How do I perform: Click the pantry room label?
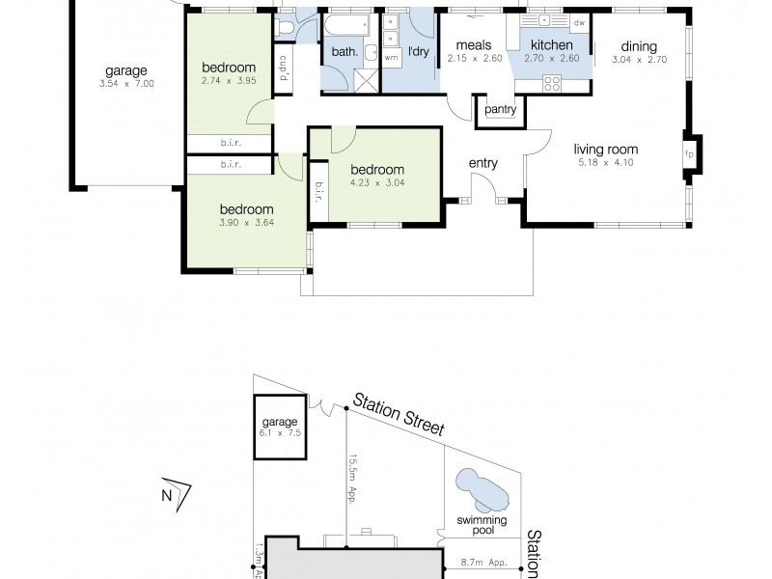[501, 110]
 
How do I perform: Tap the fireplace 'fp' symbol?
[689, 153]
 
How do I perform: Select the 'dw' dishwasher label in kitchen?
[579, 22]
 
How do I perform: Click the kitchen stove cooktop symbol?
[553, 83]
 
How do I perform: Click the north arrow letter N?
[166, 497]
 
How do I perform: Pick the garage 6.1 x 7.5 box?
[280, 427]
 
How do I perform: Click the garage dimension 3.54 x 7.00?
[125, 84]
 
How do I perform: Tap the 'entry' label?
[482, 163]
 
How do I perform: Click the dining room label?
[639, 46]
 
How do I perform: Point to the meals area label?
[474, 45]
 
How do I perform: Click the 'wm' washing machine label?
[391, 57]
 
